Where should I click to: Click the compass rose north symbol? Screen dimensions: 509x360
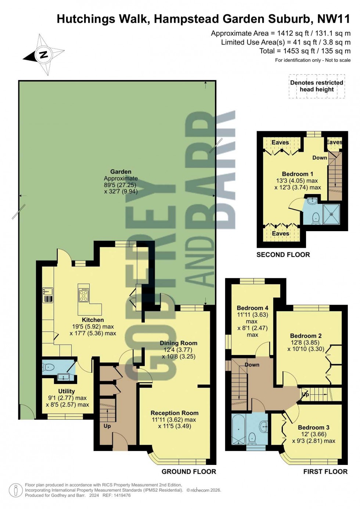[44, 55]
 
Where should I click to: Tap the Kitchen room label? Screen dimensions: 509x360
[93, 320]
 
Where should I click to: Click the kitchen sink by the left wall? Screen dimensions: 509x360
[47, 291]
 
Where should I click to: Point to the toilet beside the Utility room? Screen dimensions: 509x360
[49, 367]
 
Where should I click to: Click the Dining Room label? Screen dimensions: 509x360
[179, 343]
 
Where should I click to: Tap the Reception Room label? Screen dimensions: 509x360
[174, 413]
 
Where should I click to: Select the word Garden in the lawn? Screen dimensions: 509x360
[120, 172]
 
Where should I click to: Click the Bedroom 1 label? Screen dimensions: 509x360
[298, 174]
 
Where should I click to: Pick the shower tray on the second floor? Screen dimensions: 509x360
[331, 214]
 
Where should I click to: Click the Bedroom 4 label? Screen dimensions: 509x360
[252, 308]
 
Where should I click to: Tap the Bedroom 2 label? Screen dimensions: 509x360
[306, 336]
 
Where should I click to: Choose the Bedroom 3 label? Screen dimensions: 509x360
[313, 427]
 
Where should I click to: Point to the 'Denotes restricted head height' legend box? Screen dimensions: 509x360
[316, 86]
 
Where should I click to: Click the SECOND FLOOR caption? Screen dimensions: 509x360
[283, 255]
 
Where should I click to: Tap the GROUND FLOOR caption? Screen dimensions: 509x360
[189, 472]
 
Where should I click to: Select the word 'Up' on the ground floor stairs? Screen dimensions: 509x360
[107, 426]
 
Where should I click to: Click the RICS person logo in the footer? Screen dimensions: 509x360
[16, 490]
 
